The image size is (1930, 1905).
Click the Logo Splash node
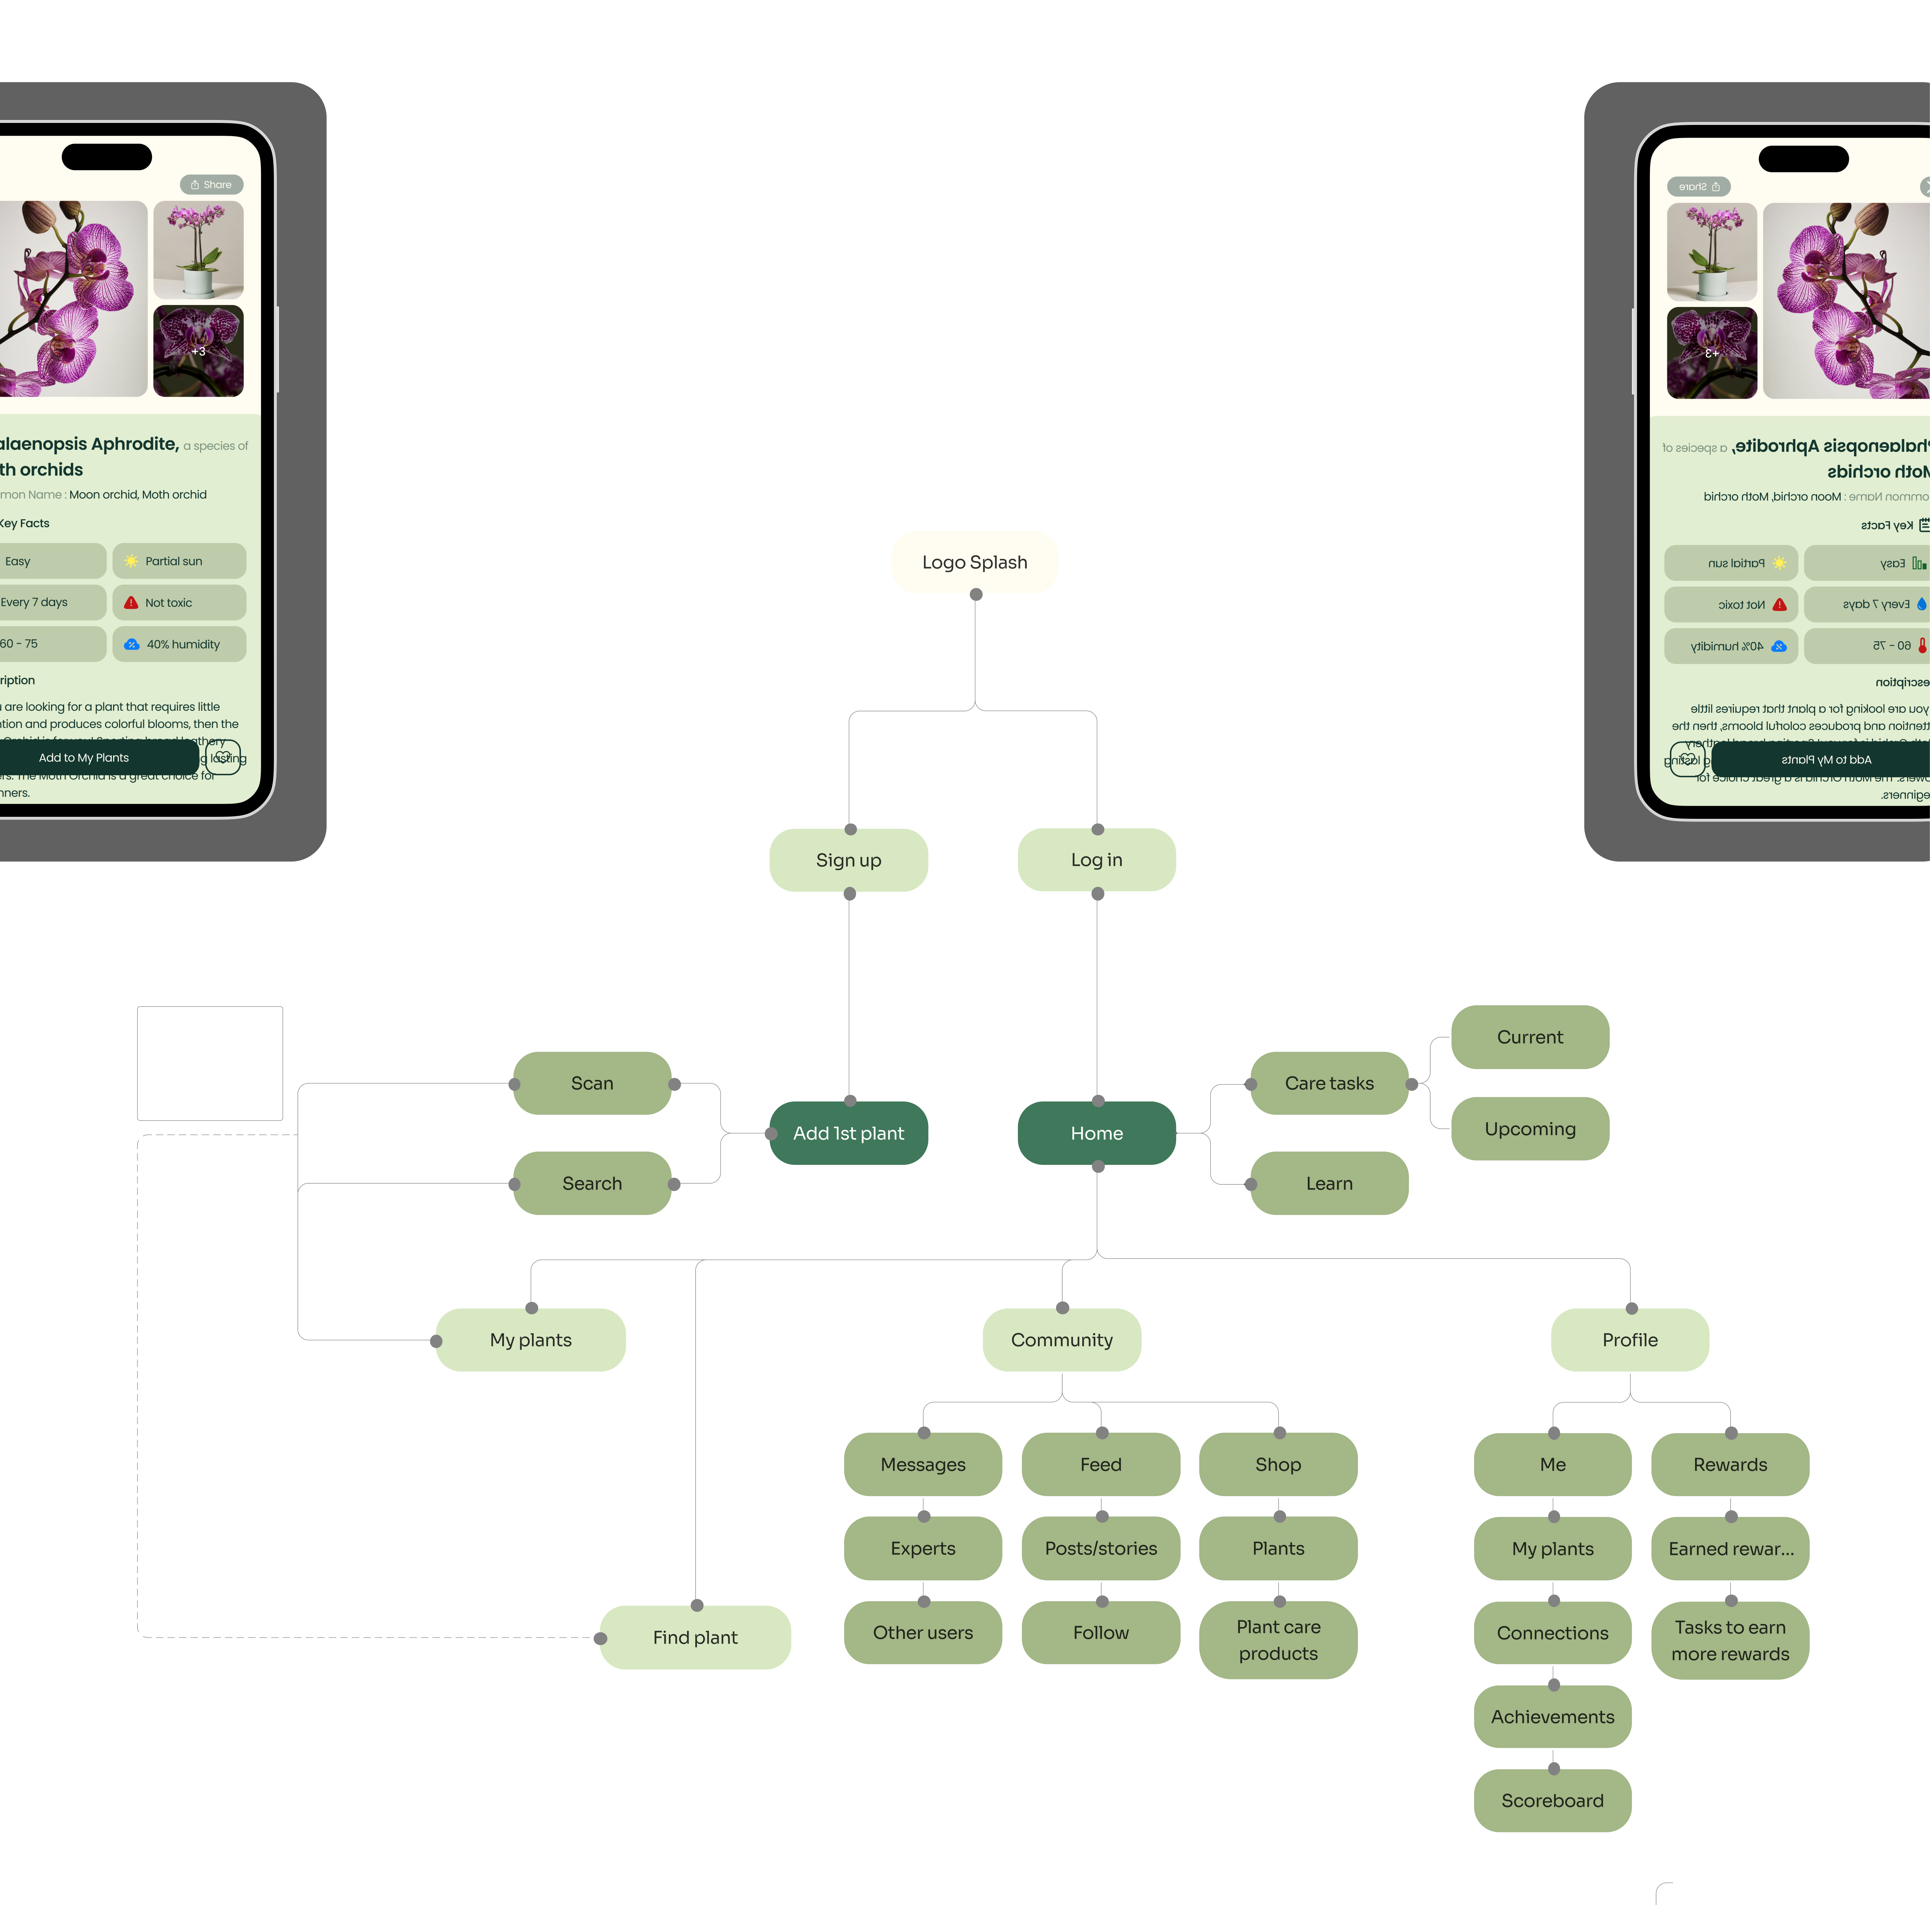[x=974, y=562]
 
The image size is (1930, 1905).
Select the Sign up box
[x=848, y=860]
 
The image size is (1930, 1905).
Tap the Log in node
[x=1096, y=860]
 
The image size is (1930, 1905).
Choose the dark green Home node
[x=1096, y=1133]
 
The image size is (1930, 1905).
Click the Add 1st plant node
[x=848, y=1133]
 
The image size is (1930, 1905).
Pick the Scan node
[x=591, y=1083]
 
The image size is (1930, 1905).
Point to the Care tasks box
[x=1329, y=1083]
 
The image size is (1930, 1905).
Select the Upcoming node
[x=1530, y=1129]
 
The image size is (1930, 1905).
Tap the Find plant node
[x=695, y=1637]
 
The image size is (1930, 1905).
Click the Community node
[x=1061, y=1340]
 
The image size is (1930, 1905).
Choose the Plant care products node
[x=1278, y=1640]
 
